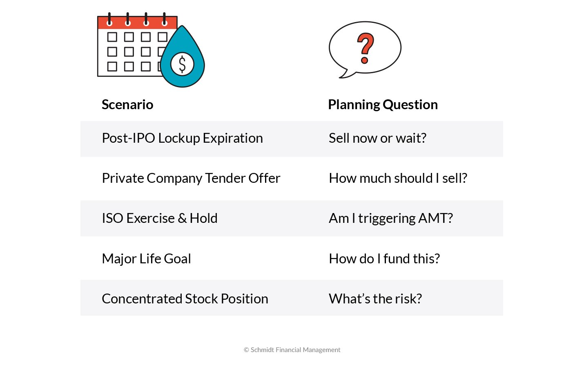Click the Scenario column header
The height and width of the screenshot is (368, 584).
[127, 105]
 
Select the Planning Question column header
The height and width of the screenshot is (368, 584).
[383, 105]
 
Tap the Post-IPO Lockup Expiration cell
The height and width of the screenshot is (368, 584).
[182, 138]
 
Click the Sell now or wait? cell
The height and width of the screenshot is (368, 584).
[377, 138]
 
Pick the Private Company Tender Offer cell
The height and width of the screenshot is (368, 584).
[191, 178]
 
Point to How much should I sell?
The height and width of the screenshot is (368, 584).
[398, 178]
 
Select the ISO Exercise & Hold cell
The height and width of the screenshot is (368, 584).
[159, 218]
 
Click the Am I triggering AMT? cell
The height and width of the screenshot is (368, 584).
[391, 218]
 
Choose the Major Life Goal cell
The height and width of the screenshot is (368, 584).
[146, 259]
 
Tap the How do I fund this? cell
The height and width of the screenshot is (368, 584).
[384, 259]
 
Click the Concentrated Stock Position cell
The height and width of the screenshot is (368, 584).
[185, 299]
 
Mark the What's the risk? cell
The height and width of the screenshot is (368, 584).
[375, 299]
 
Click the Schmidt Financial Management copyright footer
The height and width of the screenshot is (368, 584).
[292, 350]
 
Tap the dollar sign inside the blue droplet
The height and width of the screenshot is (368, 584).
[182, 65]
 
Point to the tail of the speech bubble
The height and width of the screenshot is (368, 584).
[345, 75]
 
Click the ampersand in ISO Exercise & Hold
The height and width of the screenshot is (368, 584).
[182, 218]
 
